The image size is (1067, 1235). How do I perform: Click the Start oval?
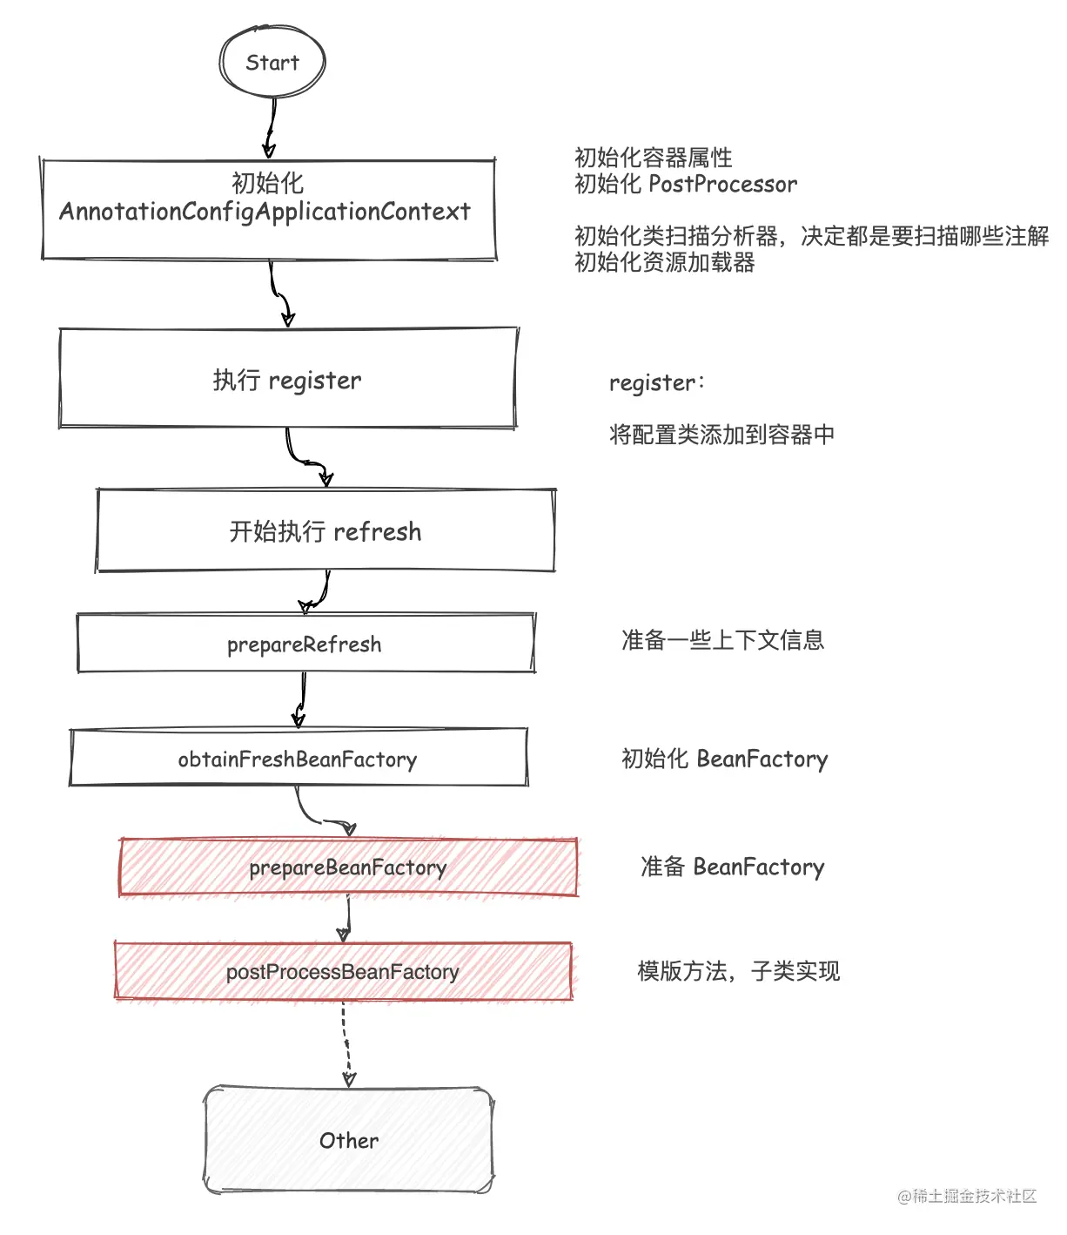pyautogui.click(x=272, y=62)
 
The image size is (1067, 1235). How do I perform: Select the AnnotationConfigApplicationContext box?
pyautogui.click(x=269, y=209)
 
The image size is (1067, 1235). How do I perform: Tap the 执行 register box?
pyautogui.click(x=288, y=378)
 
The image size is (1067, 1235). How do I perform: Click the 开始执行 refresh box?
pyautogui.click(x=325, y=530)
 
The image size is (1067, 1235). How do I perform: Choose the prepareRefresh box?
pyautogui.click(x=305, y=643)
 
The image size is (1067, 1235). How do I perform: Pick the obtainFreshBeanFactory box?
pyautogui.click(x=299, y=758)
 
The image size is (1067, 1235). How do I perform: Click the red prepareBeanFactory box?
pyautogui.click(x=348, y=867)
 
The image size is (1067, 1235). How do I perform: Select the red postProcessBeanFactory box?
pyautogui.click(x=343, y=971)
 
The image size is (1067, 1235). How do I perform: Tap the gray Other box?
pyautogui.click(x=349, y=1140)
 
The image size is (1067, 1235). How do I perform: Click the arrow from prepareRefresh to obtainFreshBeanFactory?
pyautogui.click(x=301, y=700)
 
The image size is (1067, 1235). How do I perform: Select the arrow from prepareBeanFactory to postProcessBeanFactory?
pyautogui.click(x=347, y=919)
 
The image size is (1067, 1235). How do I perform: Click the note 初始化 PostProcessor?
pyautogui.click(x=686, y=184)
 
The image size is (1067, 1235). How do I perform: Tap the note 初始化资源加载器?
pyautogui.click(x=665, y=261)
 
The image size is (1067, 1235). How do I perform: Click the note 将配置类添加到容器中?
pyautogui.click(x=721, y=435)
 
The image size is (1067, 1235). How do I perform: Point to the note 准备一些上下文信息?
pyautogui.click(x=722, y=640)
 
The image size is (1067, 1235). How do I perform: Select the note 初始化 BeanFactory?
pyautogui.click(x=724, y=759)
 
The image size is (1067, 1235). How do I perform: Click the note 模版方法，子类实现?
pyautogui.click(x=739, y=971)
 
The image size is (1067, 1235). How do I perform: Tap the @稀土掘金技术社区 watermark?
pyautogui.click(x=967, y=1195)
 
